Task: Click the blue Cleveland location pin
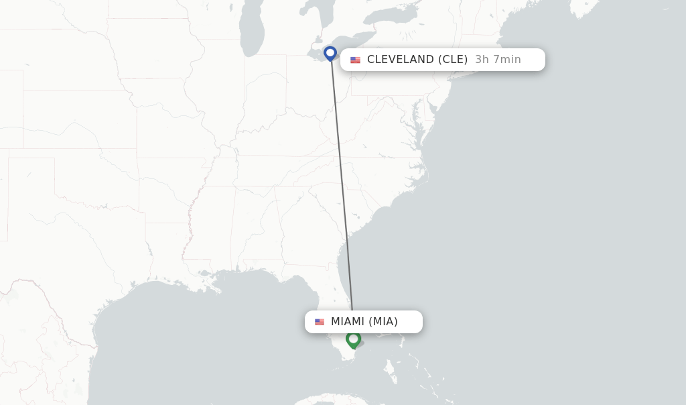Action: (x=330, y=53)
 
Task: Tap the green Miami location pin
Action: (x=353, y=339)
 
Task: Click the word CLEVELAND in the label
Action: (x=400, y=60)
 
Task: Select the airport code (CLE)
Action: (x=453, y=60)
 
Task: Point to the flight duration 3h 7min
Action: (x=498, y=60)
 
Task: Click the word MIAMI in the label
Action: (x=348, y=322)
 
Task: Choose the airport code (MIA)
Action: (x=383, y=322)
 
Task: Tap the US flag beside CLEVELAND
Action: (x=355, y=60)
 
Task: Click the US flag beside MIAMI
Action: (x=320, y=323)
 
